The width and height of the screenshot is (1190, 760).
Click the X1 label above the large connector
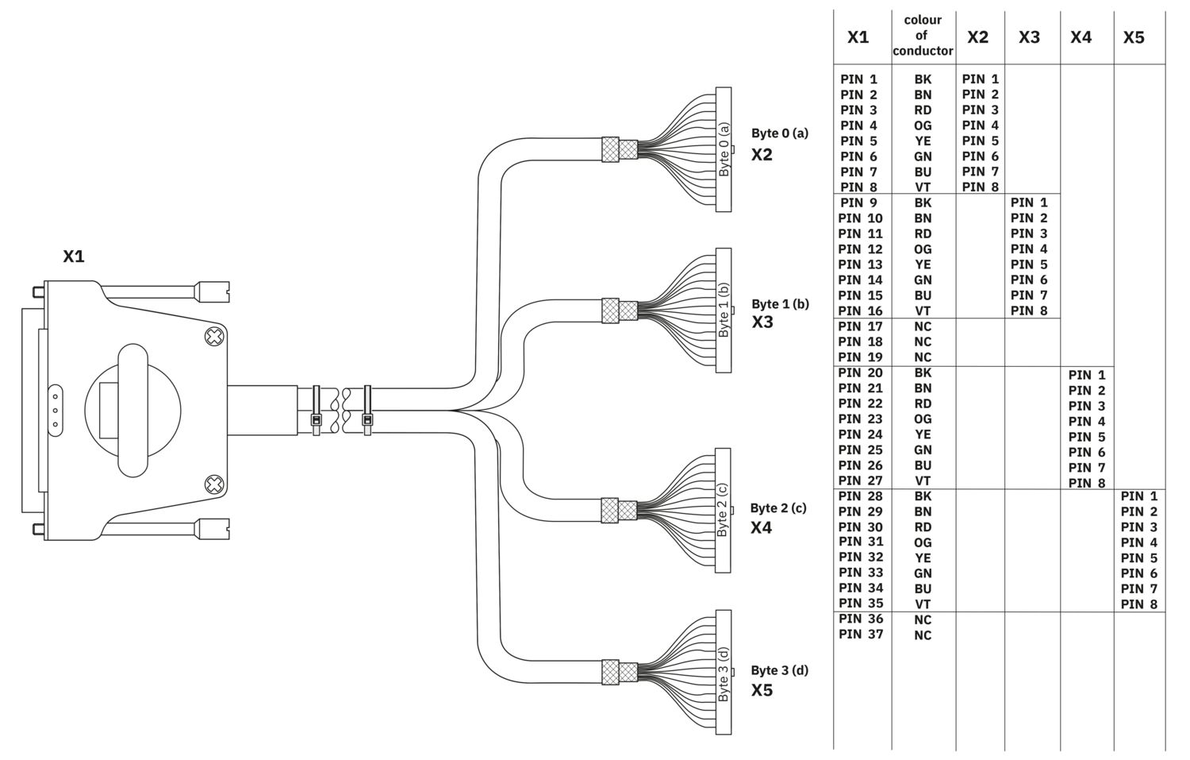tap(74, 257)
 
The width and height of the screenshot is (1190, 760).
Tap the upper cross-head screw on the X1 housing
tap(214, 337)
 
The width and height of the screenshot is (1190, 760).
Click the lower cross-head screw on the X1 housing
tap(214, 484)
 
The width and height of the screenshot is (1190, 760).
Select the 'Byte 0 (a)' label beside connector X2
tap(780, 133)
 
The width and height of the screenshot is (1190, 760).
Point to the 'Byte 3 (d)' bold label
tap(780, 670)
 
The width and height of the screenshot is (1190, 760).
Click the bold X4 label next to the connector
tap(762, 527)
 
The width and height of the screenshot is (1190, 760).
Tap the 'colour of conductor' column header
tap(923, 35)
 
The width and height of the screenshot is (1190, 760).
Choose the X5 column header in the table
tap(1134, 37)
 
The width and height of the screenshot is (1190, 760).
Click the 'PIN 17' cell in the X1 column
tap(861, 326)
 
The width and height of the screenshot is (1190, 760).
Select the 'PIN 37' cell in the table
tap(861, 634)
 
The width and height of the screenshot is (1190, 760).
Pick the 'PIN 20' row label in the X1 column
tap(861, 372)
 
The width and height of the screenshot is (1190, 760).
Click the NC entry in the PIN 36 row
tap(923, 619)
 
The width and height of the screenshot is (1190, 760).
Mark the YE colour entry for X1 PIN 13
tap(923, 264)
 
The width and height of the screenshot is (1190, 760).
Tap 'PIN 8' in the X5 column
tap(1139, 604)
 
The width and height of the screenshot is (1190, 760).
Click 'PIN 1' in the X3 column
tap(1029, 203)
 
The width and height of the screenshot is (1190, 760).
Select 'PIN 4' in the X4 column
tap(1087, 421)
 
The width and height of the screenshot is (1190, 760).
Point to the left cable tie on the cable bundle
tap(316, 411)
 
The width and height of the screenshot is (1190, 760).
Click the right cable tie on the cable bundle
tap(367, 411)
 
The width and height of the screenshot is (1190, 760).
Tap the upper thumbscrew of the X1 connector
tap(213, 292)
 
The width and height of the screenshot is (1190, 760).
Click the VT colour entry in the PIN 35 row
tap(923, 604)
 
